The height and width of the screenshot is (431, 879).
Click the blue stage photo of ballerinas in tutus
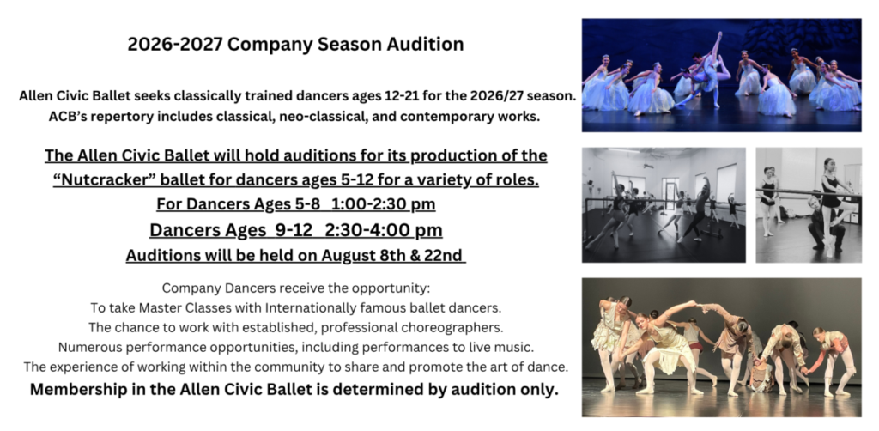point(721,75)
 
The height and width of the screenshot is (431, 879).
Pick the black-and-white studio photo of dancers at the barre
point(664,204)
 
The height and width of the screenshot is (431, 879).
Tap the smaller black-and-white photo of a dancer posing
point(808,204)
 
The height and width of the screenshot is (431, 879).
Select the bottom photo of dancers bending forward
point(721,347)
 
